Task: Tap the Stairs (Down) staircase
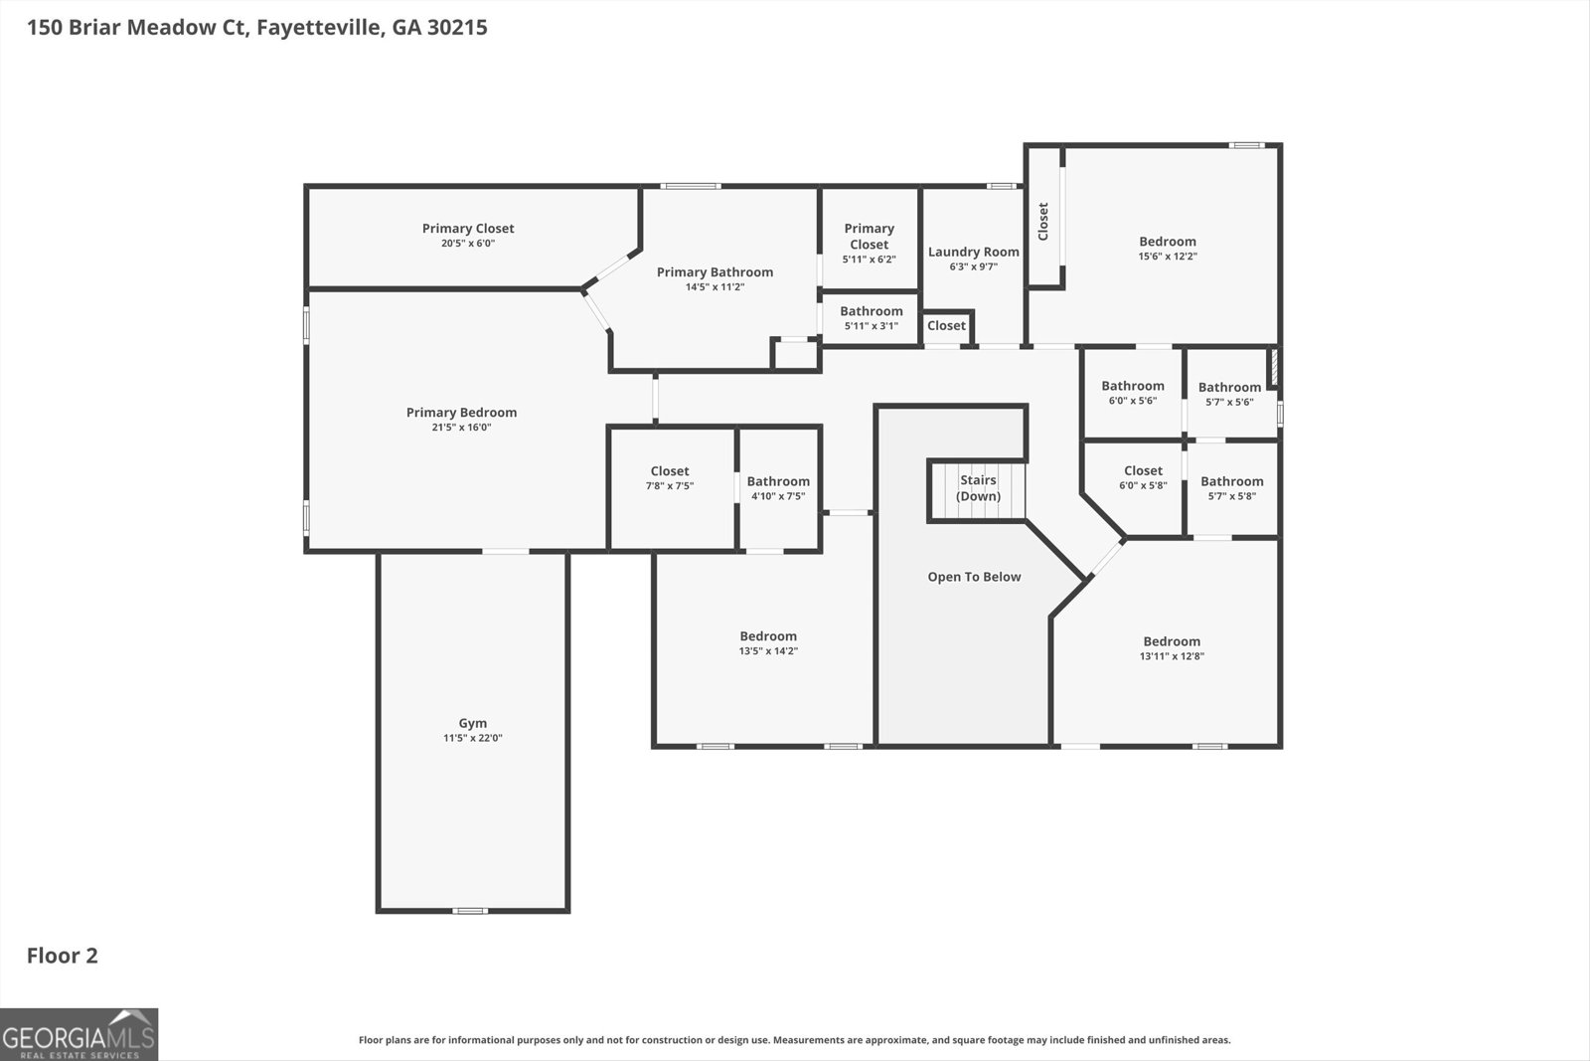(978, 489)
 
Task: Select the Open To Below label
(974, 577)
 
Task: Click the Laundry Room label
(973, 252)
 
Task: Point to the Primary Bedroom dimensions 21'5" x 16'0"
(461, 428)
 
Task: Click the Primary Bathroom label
(715, 271)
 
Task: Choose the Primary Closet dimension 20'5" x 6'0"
(468, 243)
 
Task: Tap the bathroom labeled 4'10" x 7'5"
(778, 488)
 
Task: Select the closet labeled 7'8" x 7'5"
(670, 478)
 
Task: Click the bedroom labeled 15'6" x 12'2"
(1167, 248)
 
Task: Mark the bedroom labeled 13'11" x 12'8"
(1171, 648)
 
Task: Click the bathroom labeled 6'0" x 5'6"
(1132, 393)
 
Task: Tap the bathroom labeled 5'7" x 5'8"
(1231, 488)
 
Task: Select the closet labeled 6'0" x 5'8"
(1143, 477)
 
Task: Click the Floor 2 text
(62, 956)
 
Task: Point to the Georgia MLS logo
(79, 1034)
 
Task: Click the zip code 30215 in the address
(457, 27)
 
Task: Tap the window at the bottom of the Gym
(470, 911)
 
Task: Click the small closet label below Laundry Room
(946, 325)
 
